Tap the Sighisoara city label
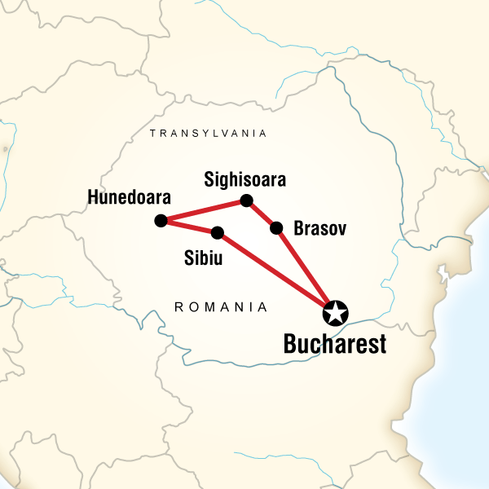pyautogui.click(x=245, y=178)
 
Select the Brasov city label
pyautogui.click(x=319, y=229)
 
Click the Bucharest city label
pyautogui.click(x=334, y=345)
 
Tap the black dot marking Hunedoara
pyautogui.click(x=161, y=220)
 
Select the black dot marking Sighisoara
pyautogui.click(x=247, y=200)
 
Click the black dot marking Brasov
pyautogui.click(x=276, y=227)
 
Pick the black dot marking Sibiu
pyautogui.click(x=218, y=233)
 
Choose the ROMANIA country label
pyautogui.click(x=221, y=307)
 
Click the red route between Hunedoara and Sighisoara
pyautogui.click(x=204, y=210)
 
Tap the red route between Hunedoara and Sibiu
pyautogui.click(x=189, y=227)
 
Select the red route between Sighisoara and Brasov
pyautogui.click(x=262, y=214)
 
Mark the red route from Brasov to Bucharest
pyautogui.click(x=306, y=270)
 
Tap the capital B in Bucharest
pyautogui.click(x=289, y=345)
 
